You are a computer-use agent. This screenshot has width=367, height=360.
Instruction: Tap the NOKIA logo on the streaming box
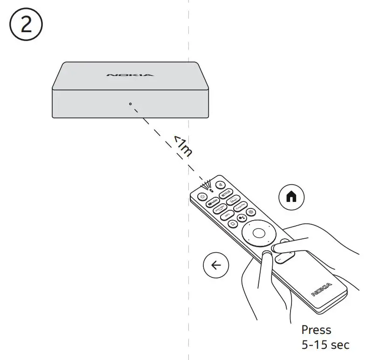[130, 75]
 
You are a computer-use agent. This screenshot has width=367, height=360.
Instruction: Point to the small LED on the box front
[130, 104]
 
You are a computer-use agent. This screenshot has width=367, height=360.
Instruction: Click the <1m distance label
[182, 146]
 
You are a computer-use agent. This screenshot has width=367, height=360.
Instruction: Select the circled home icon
[291, 197]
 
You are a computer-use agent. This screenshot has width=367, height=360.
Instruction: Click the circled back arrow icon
[216, 265]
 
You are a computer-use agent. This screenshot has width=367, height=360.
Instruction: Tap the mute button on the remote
[220, 184]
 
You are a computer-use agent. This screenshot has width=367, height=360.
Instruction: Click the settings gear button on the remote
[251, 212]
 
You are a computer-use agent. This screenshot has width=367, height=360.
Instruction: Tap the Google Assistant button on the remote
[241, 217]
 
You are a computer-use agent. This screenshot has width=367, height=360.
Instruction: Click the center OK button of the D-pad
[256, 232]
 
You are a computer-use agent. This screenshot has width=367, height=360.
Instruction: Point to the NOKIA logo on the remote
[321, 289]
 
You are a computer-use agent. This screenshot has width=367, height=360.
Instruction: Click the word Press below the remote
[316, 330]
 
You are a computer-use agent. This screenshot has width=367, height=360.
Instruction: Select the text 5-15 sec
[325, 346]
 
